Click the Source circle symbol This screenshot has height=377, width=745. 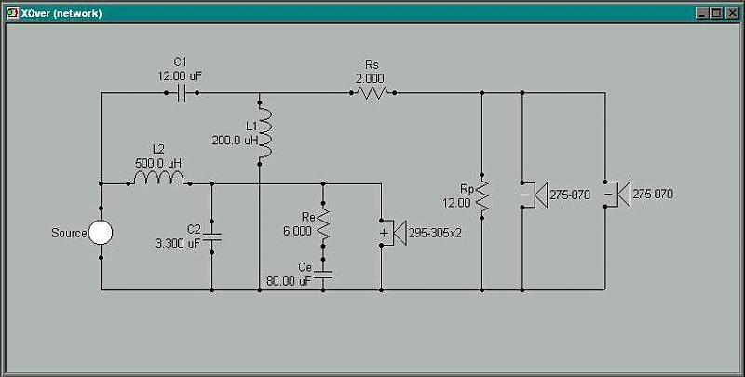pos(101,233)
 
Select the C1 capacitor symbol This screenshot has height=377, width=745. pos(181,93)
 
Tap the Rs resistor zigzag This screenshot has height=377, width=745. pos(373,93)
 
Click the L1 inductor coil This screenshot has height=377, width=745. pos(265,133)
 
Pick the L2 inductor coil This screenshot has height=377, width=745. pos(158,179)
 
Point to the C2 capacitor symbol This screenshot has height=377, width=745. pos(212,236)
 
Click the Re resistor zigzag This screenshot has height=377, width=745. pos(323,224)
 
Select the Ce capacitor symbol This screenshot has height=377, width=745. pos(323,274)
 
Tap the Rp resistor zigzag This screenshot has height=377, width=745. pos(481,195)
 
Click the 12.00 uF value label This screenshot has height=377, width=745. pos(181,75)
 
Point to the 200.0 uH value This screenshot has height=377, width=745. pos(235,141)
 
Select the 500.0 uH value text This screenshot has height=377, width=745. pos(158,163)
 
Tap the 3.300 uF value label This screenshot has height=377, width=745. pos(178,244)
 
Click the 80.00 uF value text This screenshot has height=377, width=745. pos(289,281)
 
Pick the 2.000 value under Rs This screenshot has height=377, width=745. pos(369,78)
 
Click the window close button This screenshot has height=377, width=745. pos(732,13)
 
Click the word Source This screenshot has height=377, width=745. pos(69,233)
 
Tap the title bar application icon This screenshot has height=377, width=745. pos(12,13)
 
